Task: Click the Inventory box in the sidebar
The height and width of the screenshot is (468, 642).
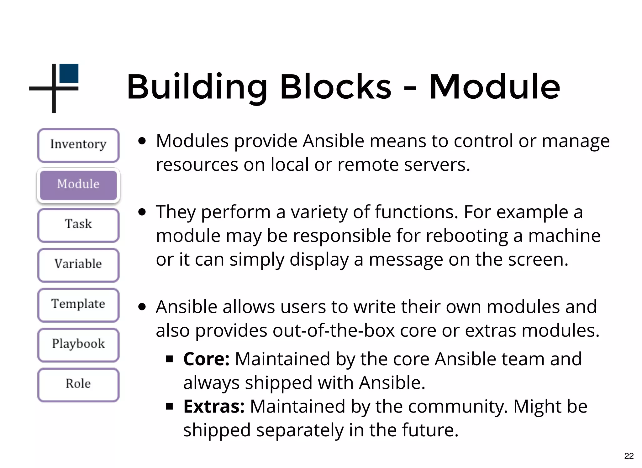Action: click(x=78, y=145)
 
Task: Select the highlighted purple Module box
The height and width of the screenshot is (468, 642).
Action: click(x=78, y=185)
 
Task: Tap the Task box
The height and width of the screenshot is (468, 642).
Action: click(x=78, y=225)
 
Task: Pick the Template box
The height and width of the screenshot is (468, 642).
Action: click(x=78, y=304)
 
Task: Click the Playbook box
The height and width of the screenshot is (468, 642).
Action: click(x=78, y=345)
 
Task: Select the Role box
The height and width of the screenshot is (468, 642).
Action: click(x=78, y=384)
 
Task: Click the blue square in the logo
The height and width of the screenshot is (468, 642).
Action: click(x=69, y=73)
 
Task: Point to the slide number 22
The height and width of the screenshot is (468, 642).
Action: click(x=629, y=456)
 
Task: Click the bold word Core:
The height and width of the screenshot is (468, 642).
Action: click(x=206, y=359)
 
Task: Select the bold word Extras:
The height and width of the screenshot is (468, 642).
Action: click(x=214, y=407)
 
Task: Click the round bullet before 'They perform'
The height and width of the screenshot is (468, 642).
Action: click(x=142, y=212)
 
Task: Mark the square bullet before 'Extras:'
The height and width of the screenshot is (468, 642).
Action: click(x=170, y=407)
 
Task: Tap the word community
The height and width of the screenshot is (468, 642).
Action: click(x=458, y=407)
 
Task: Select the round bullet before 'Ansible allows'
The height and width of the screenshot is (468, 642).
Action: click(x=142, y=307)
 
